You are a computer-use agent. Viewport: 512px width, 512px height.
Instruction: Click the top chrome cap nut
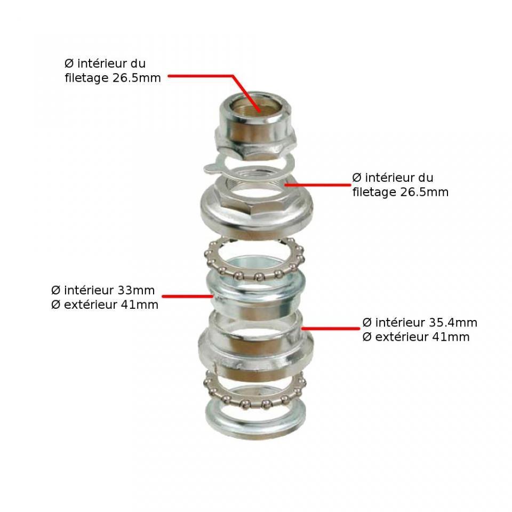[255, 127]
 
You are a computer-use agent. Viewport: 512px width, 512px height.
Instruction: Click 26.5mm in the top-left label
[137, 78]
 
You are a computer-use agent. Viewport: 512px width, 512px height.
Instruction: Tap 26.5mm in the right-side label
[425, 192]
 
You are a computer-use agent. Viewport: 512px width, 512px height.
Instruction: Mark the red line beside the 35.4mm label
[331, 328]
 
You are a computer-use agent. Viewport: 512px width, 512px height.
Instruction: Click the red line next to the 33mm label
[188, 297]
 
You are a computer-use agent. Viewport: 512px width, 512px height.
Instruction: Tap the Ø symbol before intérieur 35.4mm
[367, 323]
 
